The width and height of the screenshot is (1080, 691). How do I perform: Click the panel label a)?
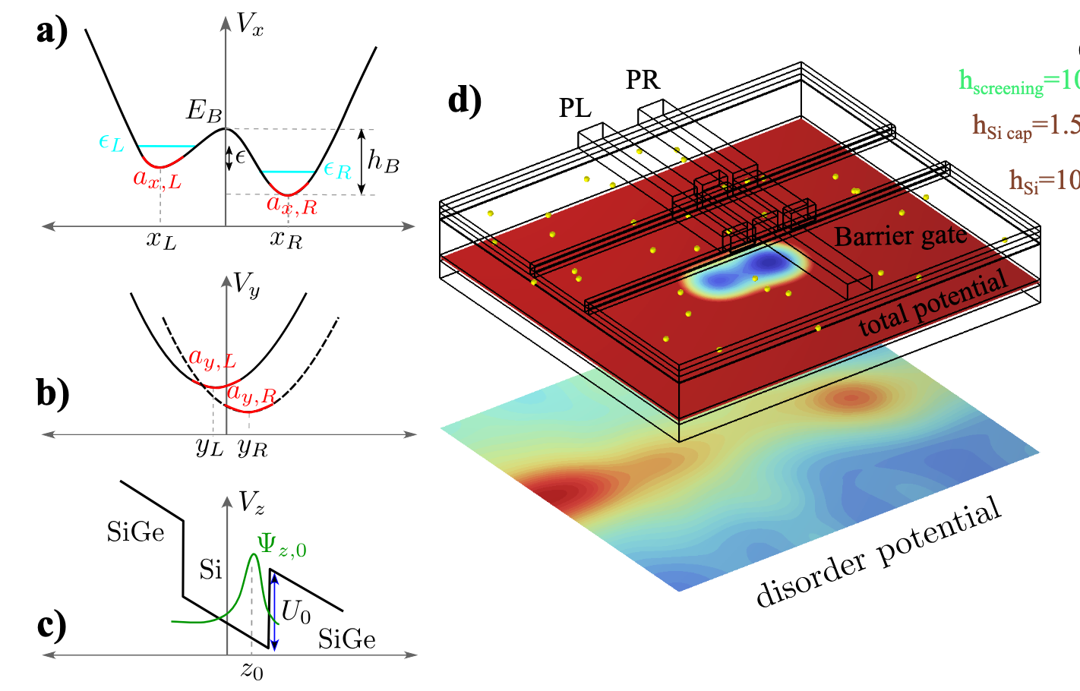click(52, 32)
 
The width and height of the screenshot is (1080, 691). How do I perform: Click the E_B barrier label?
click(204, 111)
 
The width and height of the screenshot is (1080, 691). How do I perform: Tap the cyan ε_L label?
click(112, 142)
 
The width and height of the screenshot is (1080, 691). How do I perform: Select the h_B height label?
click(383, 160)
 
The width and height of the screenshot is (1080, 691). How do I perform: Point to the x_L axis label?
click(161, 240)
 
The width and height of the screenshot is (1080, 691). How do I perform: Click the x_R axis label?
click(286, 240)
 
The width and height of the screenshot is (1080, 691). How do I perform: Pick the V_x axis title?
click(249, 24)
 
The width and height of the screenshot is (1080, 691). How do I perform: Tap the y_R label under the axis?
click(252, 447)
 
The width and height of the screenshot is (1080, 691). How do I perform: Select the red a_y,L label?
click(212, 358)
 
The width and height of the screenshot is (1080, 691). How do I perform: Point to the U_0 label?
click(295, 611)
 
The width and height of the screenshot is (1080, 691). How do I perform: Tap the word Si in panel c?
click(210, 570)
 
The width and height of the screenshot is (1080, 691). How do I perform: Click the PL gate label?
click(575, 109)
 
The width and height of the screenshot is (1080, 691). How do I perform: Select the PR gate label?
click(643, 80)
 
